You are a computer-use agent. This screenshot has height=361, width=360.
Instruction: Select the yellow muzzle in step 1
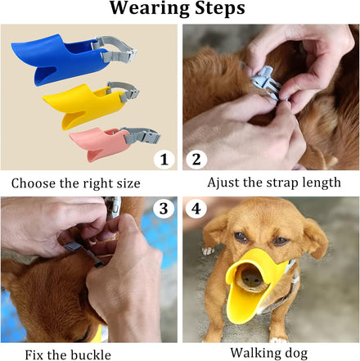82,105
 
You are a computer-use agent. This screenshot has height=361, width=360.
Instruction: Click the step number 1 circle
164,160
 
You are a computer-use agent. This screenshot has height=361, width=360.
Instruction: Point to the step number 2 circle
196,160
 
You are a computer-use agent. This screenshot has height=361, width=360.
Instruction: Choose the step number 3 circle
164,209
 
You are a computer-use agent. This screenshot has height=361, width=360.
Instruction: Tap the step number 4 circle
196,209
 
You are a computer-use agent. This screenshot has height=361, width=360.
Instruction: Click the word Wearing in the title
150,9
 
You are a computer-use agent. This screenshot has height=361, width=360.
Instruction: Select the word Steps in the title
220,9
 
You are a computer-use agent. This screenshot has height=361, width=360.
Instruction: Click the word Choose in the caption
33,183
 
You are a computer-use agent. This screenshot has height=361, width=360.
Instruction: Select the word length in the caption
322,183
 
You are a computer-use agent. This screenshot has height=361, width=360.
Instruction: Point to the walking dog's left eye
281,241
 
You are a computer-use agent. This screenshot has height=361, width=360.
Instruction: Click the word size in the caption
128,183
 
